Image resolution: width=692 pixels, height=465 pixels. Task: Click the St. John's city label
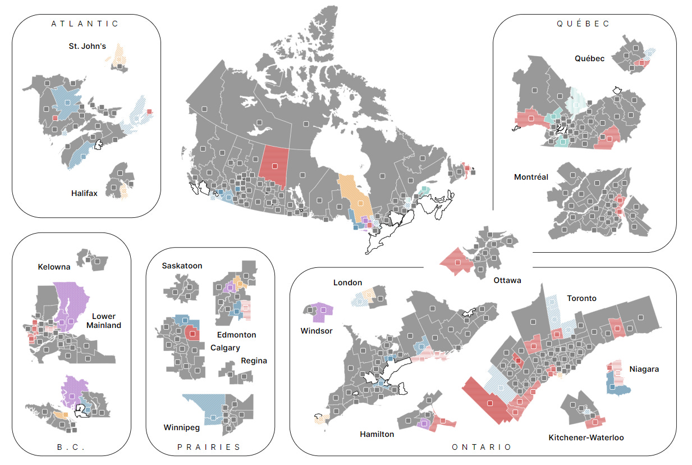click(x=87, y=46)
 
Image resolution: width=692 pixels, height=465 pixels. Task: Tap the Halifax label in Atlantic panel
click(x=85, y=193)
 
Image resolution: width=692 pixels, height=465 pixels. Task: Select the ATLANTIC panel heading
click(x=85, y=24)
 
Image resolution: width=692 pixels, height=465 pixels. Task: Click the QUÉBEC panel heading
click(x=583, y=24)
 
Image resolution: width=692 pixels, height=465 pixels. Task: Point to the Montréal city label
click(x=531, y=177)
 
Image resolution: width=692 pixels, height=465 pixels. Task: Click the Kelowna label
click(x=54, y=266)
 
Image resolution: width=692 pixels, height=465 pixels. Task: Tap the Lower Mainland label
click(x=103, y=321)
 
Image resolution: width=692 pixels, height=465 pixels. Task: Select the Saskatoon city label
click(x=182, y=266)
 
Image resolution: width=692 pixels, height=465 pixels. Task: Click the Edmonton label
click(x=236, y=335)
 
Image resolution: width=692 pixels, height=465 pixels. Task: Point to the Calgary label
click(x=225, y=348)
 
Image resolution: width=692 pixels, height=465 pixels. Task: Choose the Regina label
click(x=254, y=361)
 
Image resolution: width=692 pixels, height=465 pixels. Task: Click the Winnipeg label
click(x=181, y=427)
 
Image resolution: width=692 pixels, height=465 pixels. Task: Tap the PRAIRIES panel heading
click(x=209, y=447)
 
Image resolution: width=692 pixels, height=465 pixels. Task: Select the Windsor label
click(x=317, y=331)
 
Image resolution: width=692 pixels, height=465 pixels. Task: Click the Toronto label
click(x=581, y=298)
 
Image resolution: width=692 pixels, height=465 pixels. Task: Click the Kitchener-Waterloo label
click(x=586, y=437)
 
